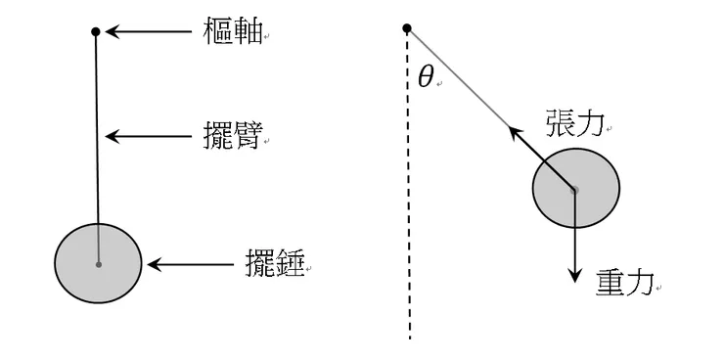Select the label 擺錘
[x=274, y=263]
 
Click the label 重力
[x=623, y=283]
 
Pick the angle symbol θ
[x=425, y=78]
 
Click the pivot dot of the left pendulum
[x=95, y=32]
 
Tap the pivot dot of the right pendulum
[x=407, y=28]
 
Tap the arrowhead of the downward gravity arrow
[x=575, y=273]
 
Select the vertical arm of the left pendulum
[x=97, y=127]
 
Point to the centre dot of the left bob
[x=98, y=264]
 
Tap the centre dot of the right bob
[x=575, y=189]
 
